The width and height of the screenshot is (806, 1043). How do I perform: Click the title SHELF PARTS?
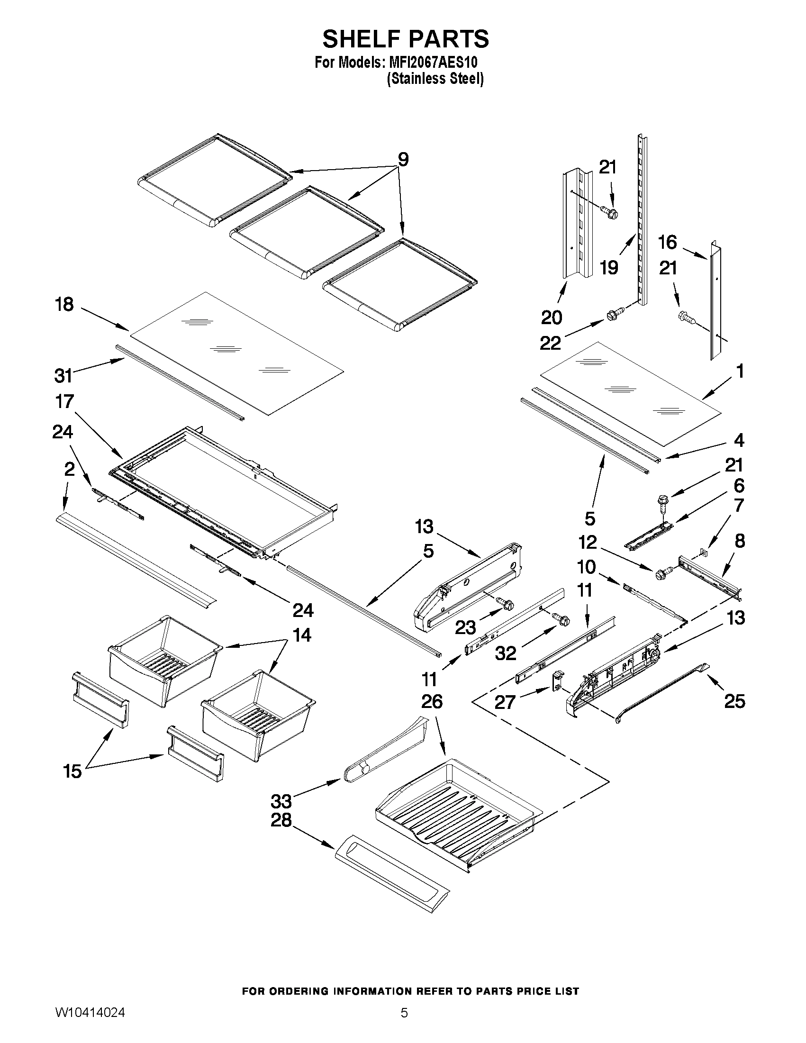tap(406, 39)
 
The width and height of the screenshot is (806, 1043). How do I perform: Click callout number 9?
tap(403, 160)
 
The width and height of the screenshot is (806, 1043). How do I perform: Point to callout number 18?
tap(64, 304)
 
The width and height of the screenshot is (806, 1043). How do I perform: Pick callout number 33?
tap(281, 800)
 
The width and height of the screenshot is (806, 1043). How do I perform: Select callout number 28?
tap(281, 820)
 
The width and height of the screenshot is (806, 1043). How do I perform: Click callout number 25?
tap(734, 700)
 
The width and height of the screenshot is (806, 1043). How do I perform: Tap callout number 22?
tap(550, 343)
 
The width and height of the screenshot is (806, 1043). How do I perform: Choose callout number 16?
tap(667, 242)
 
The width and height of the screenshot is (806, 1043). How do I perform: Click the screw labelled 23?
tap(505, 603)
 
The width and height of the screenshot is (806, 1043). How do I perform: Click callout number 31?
tap(63, 375)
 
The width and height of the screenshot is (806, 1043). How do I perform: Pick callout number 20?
tap(552, 317)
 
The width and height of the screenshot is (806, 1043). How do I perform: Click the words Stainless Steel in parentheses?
tap(435, 78)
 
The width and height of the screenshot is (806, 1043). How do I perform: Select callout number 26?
tap(432, 701)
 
